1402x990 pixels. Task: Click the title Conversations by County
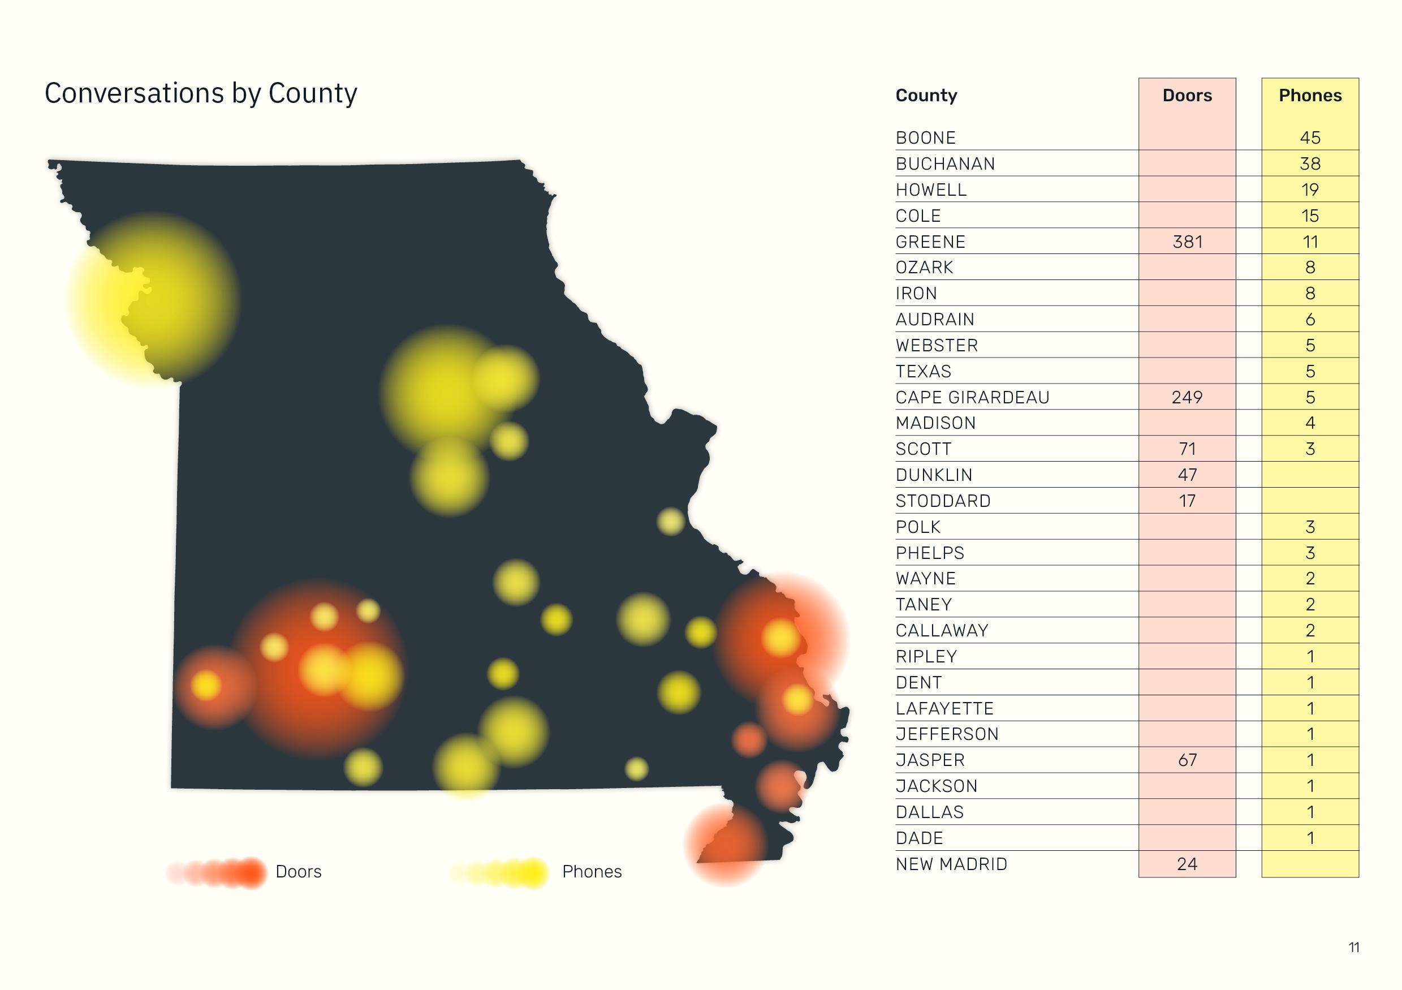point(200,93)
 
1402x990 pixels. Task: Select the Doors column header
point(1187,95)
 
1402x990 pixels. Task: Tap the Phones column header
point(1310,95)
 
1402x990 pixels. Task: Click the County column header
point(926,95)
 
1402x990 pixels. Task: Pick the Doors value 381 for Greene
point(1187,242)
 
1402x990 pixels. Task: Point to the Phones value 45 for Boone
point(1310,138)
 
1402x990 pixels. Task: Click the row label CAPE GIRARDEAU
point(972,398)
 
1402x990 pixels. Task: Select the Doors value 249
point(1187,398)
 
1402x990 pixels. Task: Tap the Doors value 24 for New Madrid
point(1187,864)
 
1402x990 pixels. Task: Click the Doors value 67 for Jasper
point(1187,760)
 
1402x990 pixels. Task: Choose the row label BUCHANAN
point(944,164)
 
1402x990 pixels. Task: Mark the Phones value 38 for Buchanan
point(1310,164)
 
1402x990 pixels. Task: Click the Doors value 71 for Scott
point(1187,450)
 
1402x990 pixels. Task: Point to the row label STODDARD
point(943,501)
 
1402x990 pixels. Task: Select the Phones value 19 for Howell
point(1310,190)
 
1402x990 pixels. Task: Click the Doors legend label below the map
point(298,872)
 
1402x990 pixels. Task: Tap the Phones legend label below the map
point(591,872)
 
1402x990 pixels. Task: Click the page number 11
point(1353,947)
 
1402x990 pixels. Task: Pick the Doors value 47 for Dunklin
point(1187,475)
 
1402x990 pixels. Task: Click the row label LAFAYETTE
point(944,708)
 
